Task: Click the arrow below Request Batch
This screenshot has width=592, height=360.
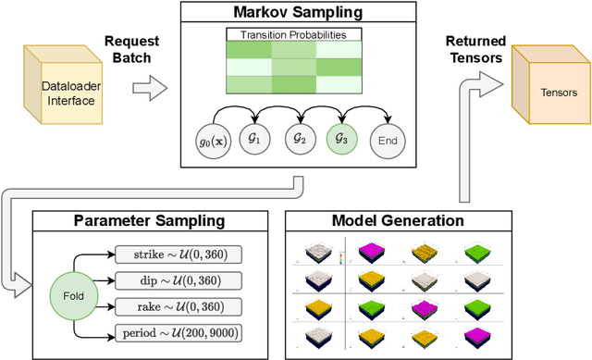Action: click(151, 90)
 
